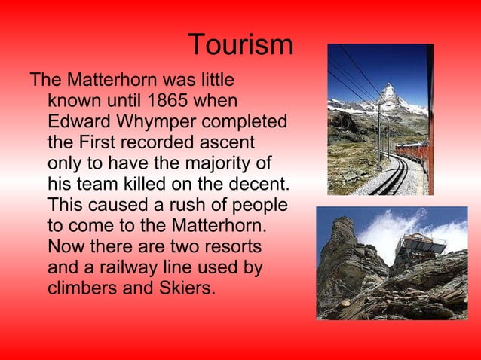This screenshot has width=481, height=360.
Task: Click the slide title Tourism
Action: click(x=240, y=46)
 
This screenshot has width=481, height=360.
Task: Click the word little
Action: click(x=216, y=79)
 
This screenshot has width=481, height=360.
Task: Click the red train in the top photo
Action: click(x=414, y=154)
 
